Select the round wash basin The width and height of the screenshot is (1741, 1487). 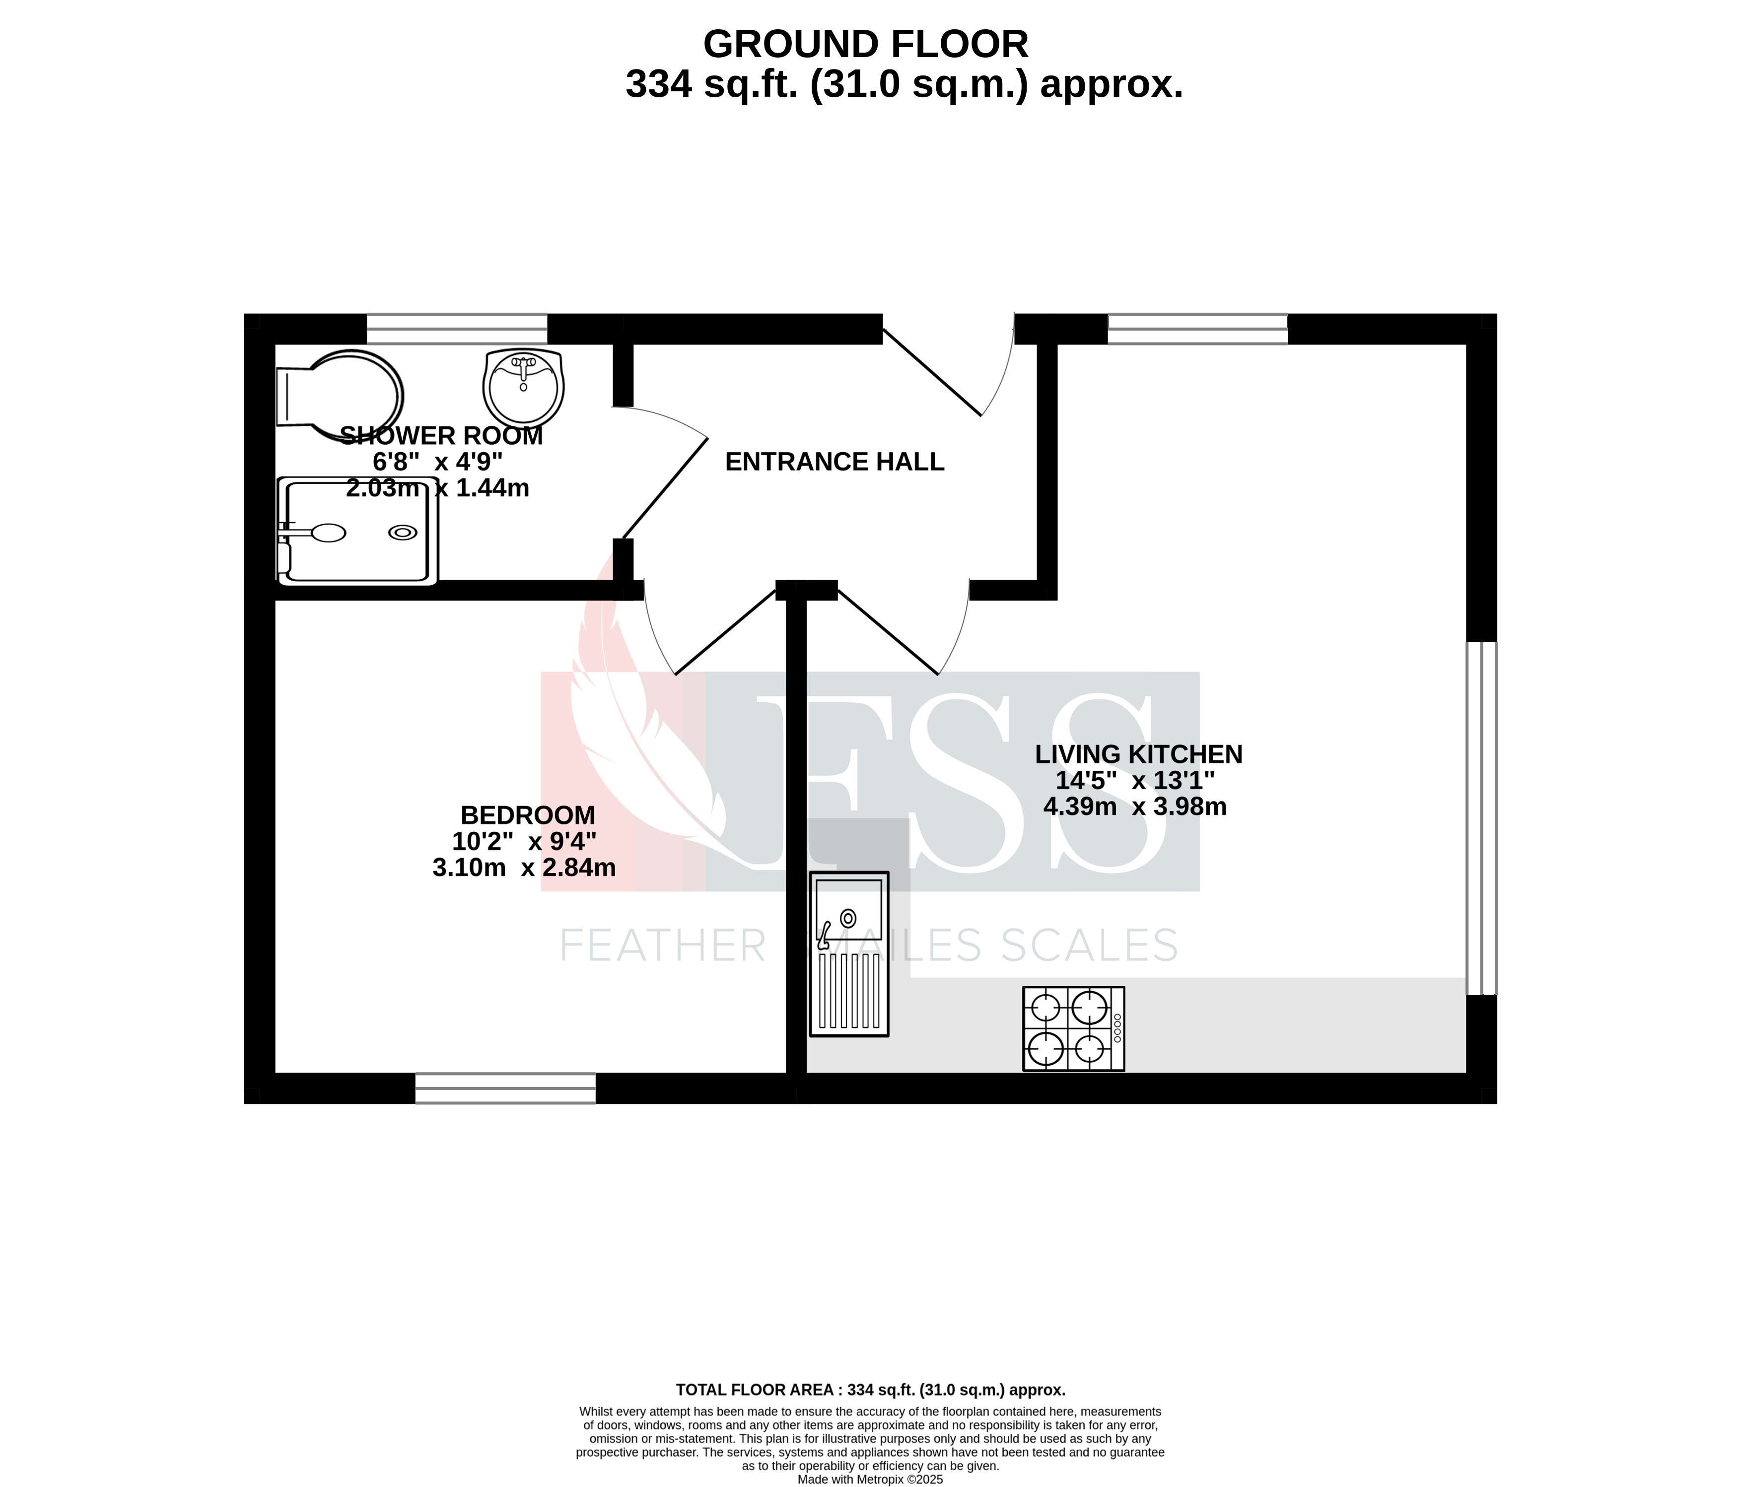[523, 387]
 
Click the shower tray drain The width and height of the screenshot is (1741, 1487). [403, 532]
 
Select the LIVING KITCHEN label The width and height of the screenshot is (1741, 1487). [1138, 754]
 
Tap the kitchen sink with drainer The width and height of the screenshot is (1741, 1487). [848, 953]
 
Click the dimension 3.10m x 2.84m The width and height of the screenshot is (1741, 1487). [523, 868]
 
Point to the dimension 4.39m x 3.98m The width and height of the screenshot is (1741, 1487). [1134, 807]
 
